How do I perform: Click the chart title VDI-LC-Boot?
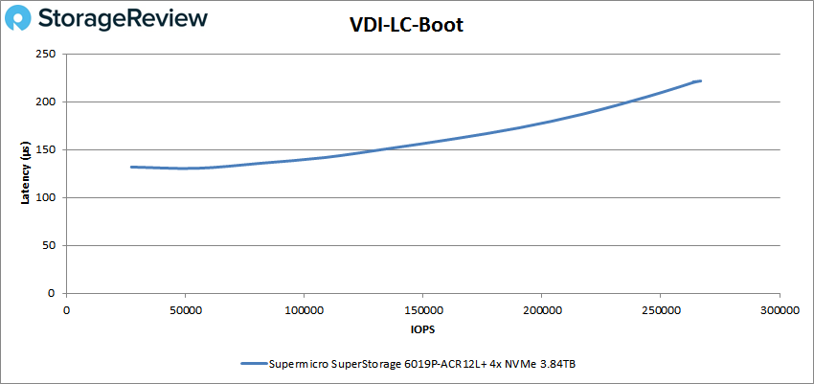click(x=407, y=25)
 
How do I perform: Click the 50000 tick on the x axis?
click(x=185, y=310)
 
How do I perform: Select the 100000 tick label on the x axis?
click(x=304, y=310)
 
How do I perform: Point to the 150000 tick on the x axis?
click(x=422, y=310)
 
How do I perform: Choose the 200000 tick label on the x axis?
click(x=541, y=310)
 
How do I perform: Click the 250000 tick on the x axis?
click(x=660, y=310)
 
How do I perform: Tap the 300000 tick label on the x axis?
click(x=779, y=310)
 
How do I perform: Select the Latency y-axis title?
click(x=25, y=173)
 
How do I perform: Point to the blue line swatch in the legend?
click(x=263, y=364)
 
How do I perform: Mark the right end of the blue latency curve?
click(x=701, y=81)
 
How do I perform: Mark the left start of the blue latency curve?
click(x=131, y=167)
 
